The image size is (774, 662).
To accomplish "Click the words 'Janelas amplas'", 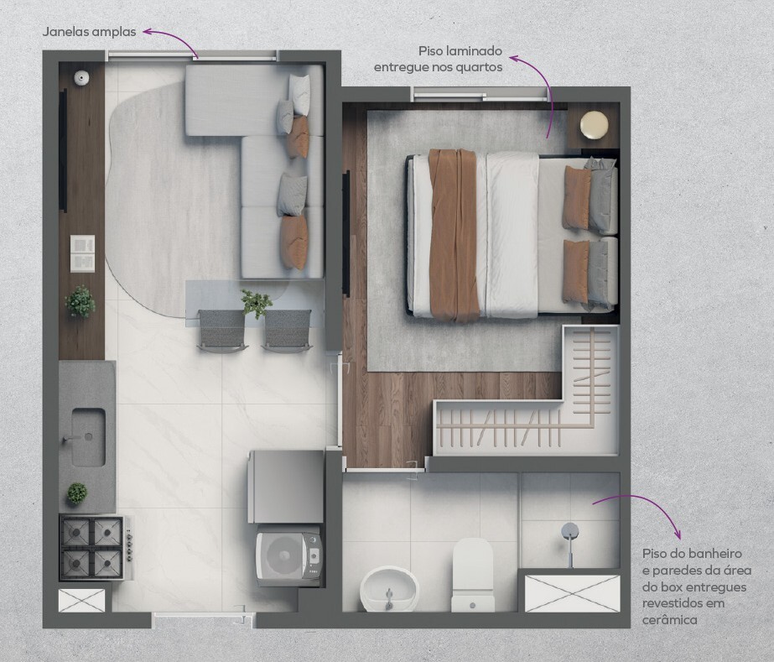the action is point(90,32).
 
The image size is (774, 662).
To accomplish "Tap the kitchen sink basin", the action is point(88,437).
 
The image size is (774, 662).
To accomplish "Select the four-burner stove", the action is point(96,547).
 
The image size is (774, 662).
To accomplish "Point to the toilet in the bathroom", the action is point(473,575).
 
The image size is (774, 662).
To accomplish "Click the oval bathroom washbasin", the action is point(389,589).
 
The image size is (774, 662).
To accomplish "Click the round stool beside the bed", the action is point(595,124).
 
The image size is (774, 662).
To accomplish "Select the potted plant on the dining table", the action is point(257,303).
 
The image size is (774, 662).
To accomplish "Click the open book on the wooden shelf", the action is point(82,253).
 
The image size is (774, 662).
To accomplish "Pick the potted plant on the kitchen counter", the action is point(77,493).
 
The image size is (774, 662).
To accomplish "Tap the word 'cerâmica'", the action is point(670,619).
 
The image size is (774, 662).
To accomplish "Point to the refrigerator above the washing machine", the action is point(286,486).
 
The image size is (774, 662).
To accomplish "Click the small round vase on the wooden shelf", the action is point(81,77).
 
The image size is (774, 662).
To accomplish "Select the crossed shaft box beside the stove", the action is point(82,601).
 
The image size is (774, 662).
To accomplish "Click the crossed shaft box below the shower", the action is point(572,593).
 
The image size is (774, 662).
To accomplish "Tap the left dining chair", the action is point(221,330).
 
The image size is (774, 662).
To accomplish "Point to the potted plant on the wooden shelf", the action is point(80,301).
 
